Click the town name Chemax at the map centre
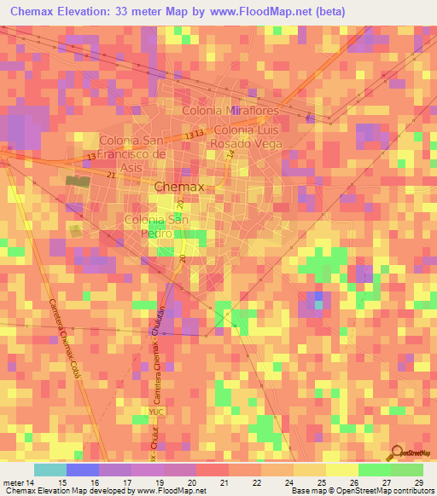coord(179,187)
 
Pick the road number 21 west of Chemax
coord(111,175)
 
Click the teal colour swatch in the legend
coord(50,470)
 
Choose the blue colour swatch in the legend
coord(82,470)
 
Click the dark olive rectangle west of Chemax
coord(78,181)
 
